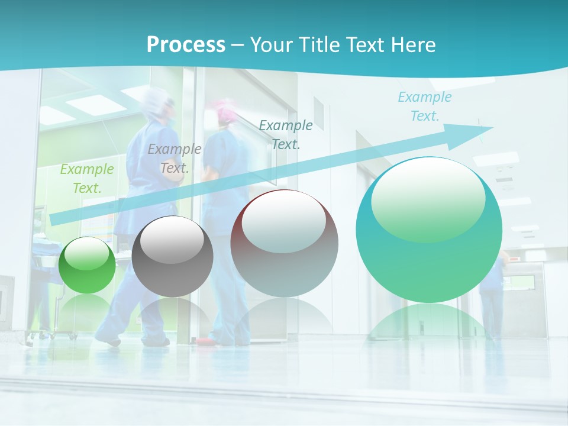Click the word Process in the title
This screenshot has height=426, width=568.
186,45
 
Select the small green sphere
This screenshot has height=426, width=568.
88,265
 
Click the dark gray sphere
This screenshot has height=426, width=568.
172,257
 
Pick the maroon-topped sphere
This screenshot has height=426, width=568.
284,244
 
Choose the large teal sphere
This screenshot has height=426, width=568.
429,230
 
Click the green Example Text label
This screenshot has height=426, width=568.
86,178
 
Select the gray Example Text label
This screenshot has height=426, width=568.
174,158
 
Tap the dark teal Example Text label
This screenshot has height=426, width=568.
286,134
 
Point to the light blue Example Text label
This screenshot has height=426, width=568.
425,106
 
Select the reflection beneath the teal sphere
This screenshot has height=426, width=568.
429,323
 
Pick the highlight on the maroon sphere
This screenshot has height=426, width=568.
284,221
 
